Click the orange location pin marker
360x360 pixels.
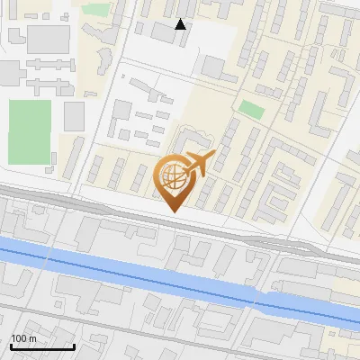coord(175,180)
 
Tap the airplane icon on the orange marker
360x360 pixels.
coord(198,164)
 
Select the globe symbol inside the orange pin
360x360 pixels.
coord(173,176)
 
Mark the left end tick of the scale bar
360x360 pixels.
coord(11,346)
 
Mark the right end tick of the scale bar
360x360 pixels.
coord(74,346)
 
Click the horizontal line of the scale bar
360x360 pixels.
coord(42,346)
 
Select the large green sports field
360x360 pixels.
coord(31,131)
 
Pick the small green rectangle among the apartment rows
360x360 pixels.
coord(251,110)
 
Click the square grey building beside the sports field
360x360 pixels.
coord(74,115)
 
